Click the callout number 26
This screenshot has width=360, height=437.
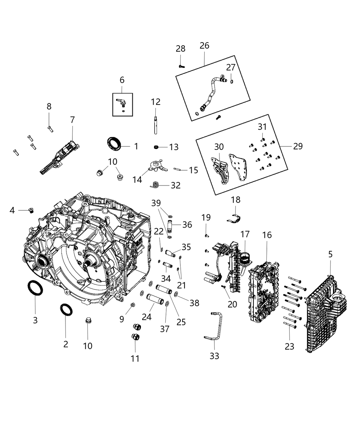(x=204, y=46)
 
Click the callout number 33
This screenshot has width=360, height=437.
(x=214, y=356)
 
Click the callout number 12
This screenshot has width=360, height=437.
(x=156, y=102)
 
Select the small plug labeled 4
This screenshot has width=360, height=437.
(x=32, y=210)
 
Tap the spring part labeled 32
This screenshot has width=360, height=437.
(x=155, y=185)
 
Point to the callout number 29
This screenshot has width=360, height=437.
(x=298, y=146)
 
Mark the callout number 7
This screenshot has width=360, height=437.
(x=72, y=120)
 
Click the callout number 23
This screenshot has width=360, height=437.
(x=289, y=347)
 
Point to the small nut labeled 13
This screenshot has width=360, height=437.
(x=156, y=147)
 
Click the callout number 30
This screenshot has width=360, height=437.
(x=219, y=147)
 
